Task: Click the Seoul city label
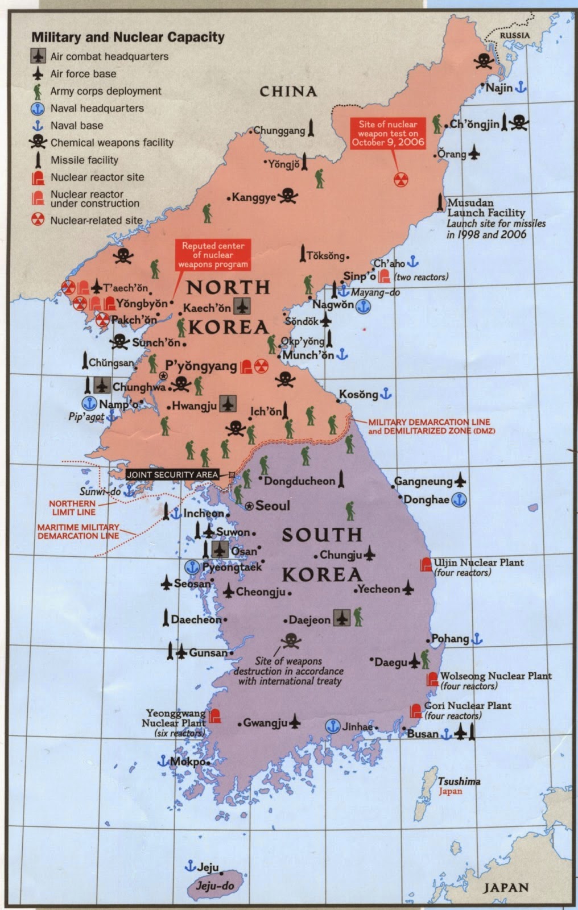click(273, 505)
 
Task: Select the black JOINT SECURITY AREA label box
click(172, 474)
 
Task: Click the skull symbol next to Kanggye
click(288, 196)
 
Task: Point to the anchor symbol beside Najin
click(521, 88)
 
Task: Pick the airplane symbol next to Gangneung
click(460, 481)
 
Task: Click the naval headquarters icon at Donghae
click(459, 499)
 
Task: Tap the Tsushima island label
click(459, 781)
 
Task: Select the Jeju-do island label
click(215, 886)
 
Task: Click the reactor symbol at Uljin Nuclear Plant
click(426, 564)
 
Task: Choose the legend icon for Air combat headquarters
click(38, 56)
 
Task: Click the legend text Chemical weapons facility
click(112, 142)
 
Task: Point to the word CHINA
click(288, 91)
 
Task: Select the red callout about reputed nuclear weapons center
click(213, 255)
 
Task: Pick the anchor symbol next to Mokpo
click(163, 760)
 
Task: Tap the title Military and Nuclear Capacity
click(127, 38)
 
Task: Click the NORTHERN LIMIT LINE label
click(72, 507)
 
